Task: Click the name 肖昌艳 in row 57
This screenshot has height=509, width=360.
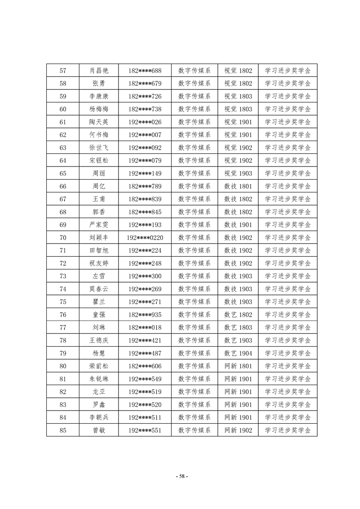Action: click(99, 71)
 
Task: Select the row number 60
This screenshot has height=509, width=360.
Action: click(63, 109)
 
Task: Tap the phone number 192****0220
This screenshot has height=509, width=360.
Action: click(145, 238)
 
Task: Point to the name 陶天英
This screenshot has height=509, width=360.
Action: click(99, 122)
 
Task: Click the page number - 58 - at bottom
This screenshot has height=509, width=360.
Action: click(181, 476)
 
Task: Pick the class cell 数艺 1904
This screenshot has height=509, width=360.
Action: click(238, 353)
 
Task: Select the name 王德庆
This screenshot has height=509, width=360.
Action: click(99, 341)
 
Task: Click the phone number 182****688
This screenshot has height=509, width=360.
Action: click(145, 71)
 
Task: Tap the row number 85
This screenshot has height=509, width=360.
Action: click(63, 431)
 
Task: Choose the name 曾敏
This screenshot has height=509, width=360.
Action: click(99, 431)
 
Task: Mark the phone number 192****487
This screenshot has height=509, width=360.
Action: click(145, 353)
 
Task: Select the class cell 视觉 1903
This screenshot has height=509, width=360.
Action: click(238, 173)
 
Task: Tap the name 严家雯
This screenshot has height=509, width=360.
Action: click(99, 225)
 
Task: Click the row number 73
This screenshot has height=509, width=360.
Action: click(63, 276)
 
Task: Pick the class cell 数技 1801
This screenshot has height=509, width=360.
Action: click(238, 186)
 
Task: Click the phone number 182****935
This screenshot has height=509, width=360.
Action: click(145, 315)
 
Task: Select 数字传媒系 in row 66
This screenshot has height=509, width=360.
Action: click(194, 186)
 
